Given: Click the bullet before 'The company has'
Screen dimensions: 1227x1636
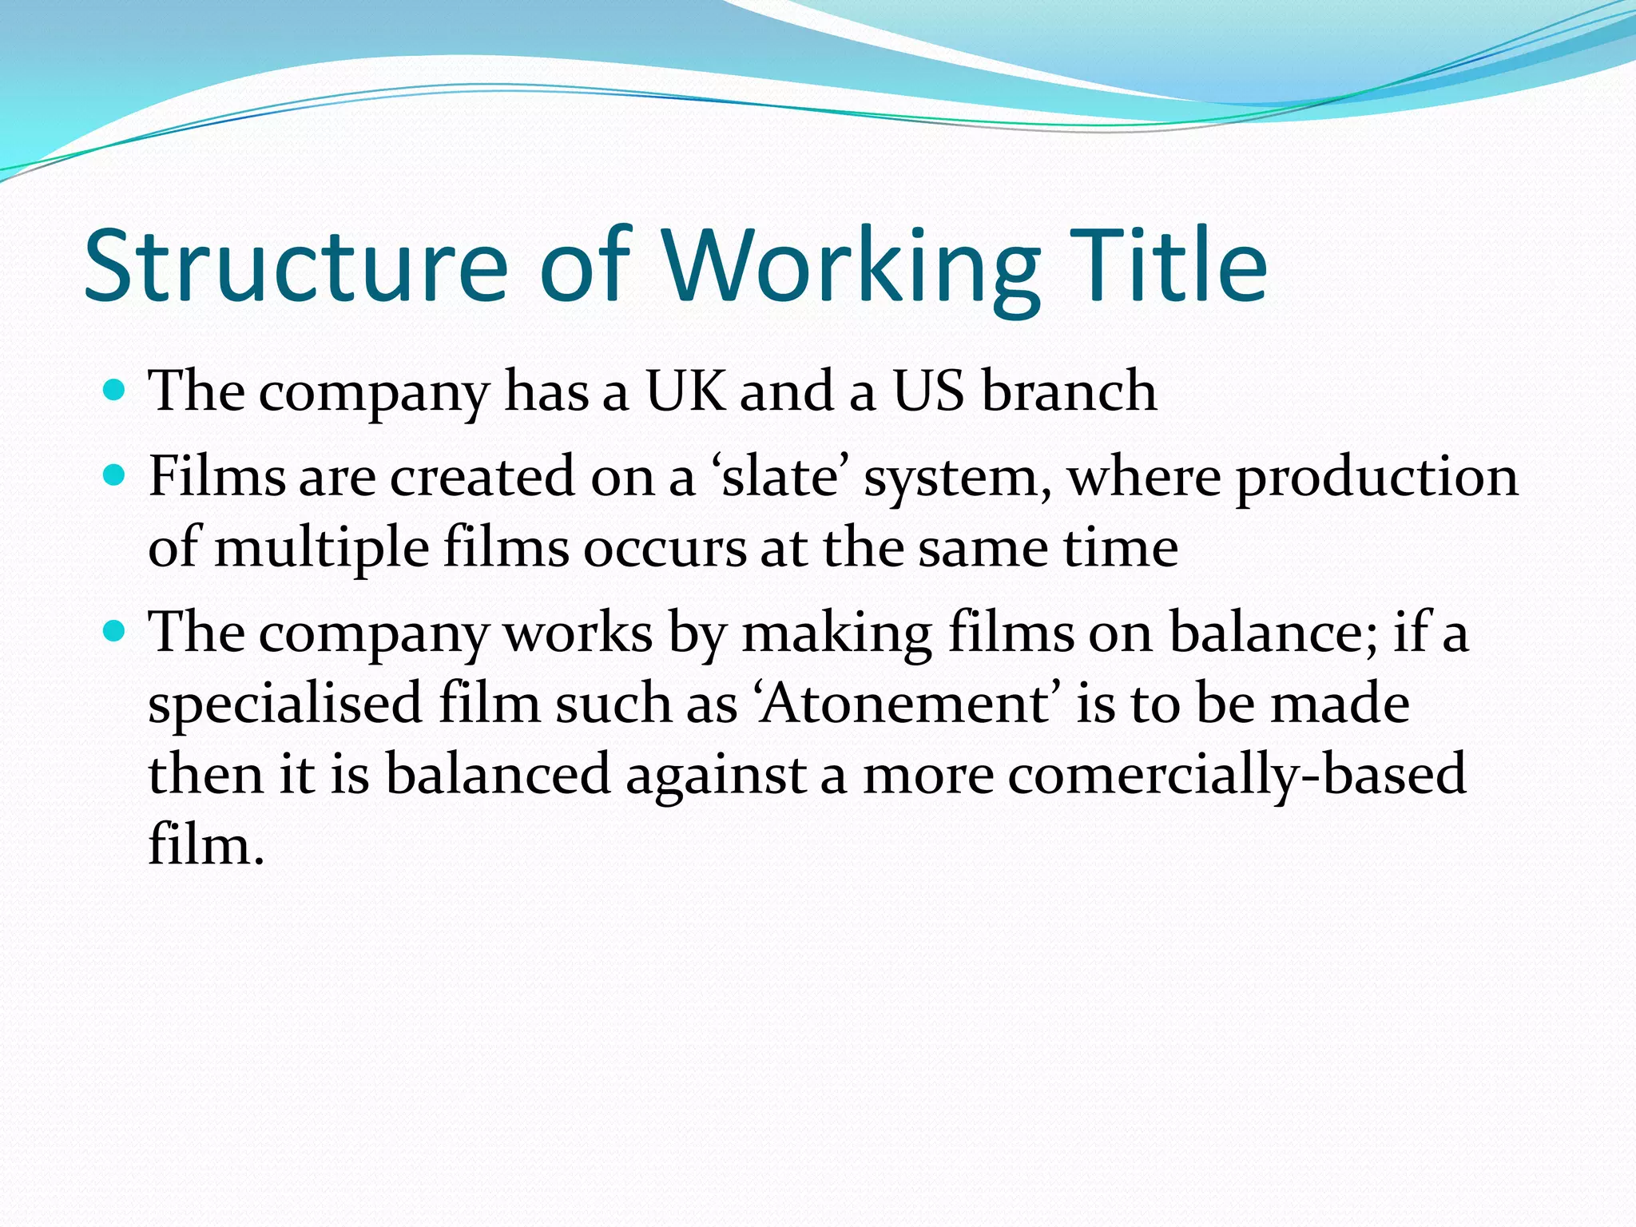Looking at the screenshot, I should click(x=115, y=391).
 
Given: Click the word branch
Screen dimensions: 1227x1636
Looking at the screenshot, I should click(x=1069, y=391).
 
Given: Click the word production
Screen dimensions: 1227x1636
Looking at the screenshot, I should click(x=1377, y=477).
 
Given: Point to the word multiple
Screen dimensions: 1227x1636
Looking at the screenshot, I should click(x=322, y=549).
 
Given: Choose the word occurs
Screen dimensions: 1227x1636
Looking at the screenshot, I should click(x=665, y=549).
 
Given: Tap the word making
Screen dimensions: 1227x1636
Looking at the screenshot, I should click(x=836, y=633).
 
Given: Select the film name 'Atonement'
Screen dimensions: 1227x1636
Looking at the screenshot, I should click(x=906, y=704).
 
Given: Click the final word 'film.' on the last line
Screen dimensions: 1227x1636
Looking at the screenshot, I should click(x=205, y=845).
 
